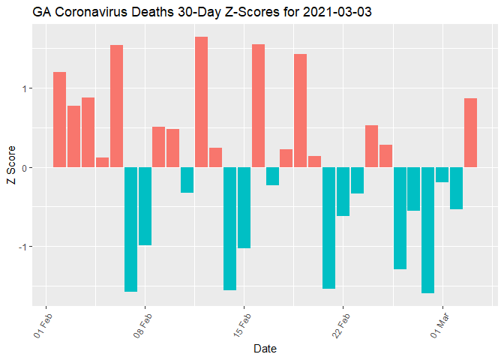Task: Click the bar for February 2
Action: [x=59, y=120]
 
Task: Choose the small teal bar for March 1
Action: [x=442, y=175]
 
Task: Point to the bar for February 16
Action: [x=258, y=106]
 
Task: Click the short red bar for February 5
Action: [x=102, y=162]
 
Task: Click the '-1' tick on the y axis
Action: [x=28, y=247]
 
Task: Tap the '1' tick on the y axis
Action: [x=29, y=88]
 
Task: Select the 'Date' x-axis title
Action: [x=265, y=349]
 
